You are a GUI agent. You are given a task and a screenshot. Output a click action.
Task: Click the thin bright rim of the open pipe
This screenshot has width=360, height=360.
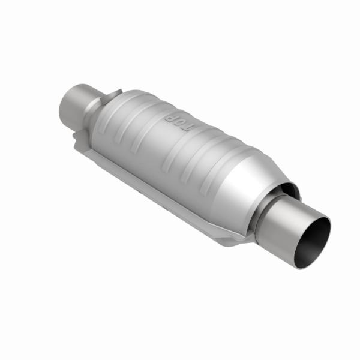point(329,231)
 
